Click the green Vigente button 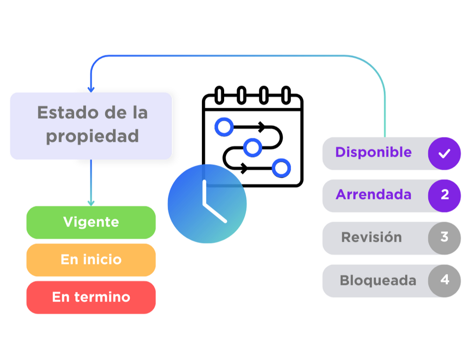(x=91, y=222)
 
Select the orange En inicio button (x=91, y=260)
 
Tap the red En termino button (x=91, y=297)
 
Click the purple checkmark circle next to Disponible (x=445, y=153)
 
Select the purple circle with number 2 (x=445, y=195)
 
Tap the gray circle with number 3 (x=445, y=237)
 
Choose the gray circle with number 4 (x=445, y=280)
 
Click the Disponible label (x=373, y=152)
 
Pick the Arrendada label (x=373, y=194)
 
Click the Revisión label (x=371, y=237)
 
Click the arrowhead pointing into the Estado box (x=91, y=88)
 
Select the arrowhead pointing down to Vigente (x=91, y=202)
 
